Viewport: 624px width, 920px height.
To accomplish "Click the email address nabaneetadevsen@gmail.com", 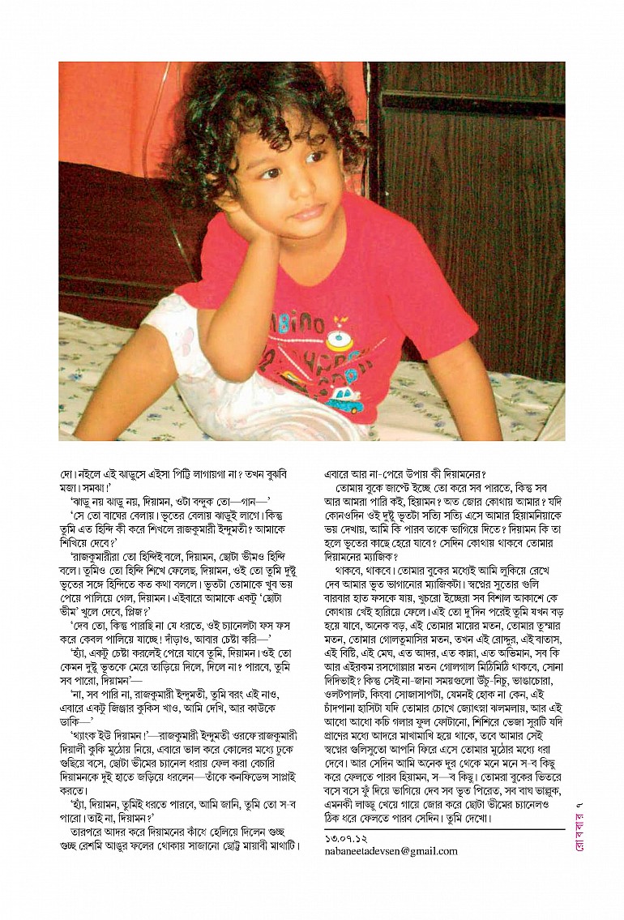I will pyautogui.click(x=391, y=851).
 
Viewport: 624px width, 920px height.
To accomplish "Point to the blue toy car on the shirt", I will pyautogui.click(x=344, y=400).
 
